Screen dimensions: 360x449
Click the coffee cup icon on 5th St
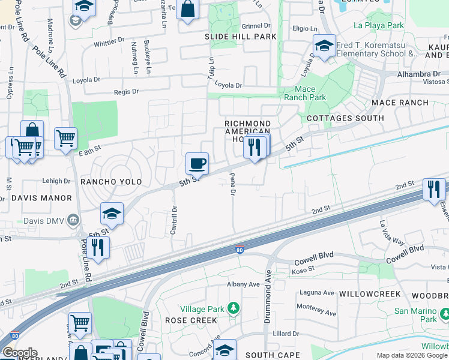(x=197, y=163)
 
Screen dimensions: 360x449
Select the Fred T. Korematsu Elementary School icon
(x=324, y=46)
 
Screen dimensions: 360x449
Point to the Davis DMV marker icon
(x=73, y=220)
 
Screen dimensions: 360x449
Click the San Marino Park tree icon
(x=444, y=314)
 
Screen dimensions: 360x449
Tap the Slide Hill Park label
(x=241, y=37)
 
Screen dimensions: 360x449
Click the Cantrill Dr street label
(x=173, y=220)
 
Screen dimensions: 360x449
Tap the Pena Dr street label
(x=232, y=184)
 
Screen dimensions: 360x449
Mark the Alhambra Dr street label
(x=423, y=74)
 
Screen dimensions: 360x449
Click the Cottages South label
(x=345, y=118)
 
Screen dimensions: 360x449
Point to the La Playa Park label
(x=379, y=26)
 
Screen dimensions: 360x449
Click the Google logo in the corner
(x=20, y=353)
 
